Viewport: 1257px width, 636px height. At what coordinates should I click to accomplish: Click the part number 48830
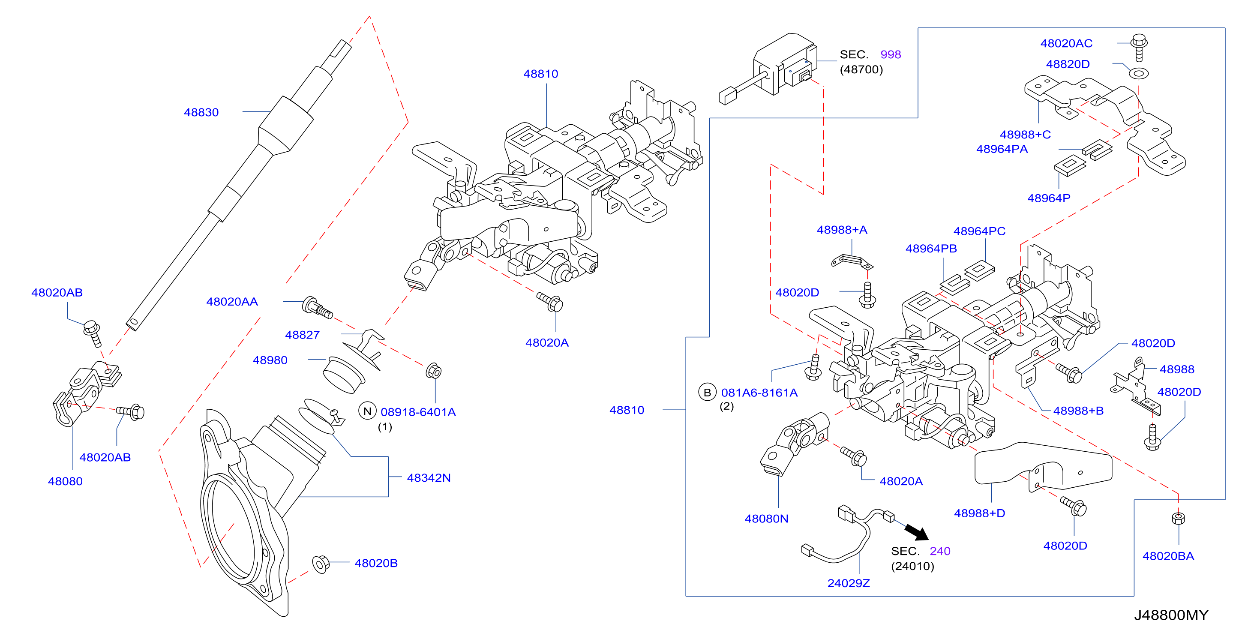pyautogui.click(x=201, y=112)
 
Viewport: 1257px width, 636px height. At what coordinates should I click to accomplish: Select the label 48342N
pyautogui.click(x=429, y=478)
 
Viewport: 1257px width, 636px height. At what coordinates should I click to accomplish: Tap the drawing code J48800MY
pyautogui.click(x=1171, y=615)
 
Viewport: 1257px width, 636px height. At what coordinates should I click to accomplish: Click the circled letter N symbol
pyautogui.click(x=367, y=411)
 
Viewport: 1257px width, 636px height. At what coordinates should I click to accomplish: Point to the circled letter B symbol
pyautogui.click(x=707, y=392)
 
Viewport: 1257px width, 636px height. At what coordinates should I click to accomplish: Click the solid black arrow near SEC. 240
pyautogui.click(x=916, y=531)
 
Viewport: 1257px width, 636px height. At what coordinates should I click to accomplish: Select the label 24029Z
pyautogui.click(x=849, y=583)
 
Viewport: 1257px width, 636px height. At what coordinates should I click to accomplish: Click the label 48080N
pyautogui.click(x=766, y=519)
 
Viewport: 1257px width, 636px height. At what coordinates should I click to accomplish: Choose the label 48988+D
pyautogui.click(x=979, y=513)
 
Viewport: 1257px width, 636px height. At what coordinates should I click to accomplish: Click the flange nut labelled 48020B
pyautogui.click(x=321, y=564)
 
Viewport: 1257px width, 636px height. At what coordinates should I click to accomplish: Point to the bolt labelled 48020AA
pyautogui.click(x=317, y=307)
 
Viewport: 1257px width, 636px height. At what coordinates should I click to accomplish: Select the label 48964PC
pyautogui.click(x=979, y=231)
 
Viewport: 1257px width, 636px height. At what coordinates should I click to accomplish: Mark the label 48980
pyautogui.click(x=270, y=360)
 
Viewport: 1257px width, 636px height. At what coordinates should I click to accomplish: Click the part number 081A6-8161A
pyautogui.click(x=759, y=393)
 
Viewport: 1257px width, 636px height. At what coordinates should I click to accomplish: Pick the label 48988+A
pyautogui.click(x=842, y=230)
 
